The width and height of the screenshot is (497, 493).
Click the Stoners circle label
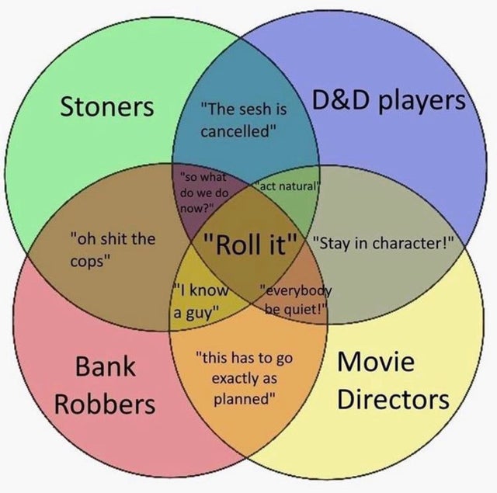tap(107, 106)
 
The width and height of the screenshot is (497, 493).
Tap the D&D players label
tap(390, 101)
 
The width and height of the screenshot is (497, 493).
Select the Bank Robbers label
tap(104, 384)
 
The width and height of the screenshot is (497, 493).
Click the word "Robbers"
tap(104, 403)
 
